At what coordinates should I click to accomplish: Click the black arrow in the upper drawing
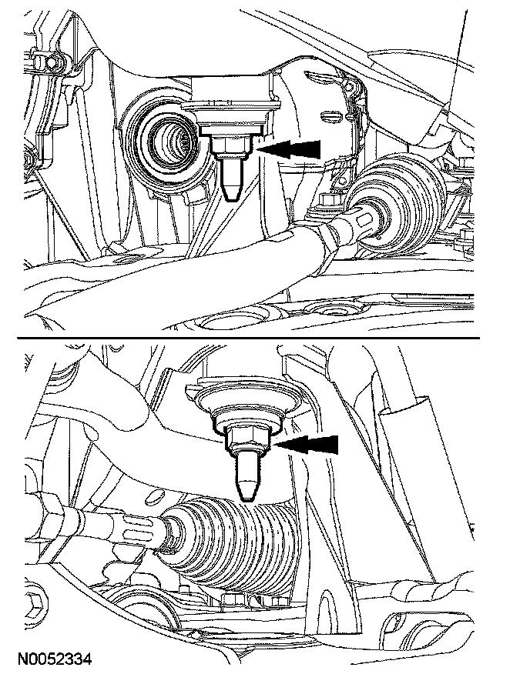pos(290,149)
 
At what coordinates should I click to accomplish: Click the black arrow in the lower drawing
pos(306,445)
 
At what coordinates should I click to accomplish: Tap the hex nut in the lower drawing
pos(248,440)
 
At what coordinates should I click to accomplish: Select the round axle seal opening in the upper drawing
pos(169,141)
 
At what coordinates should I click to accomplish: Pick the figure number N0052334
pos(55,659)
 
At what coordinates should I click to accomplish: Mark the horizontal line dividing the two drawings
pos(248,339)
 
